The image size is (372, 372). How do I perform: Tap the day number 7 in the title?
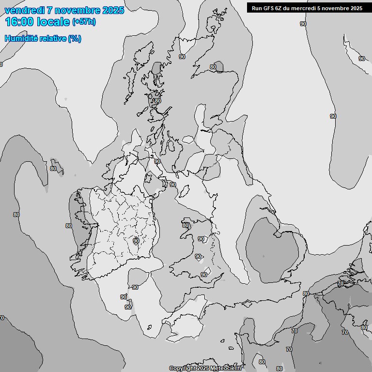tap(49, 10)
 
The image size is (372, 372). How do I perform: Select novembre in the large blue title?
tap(77, 10)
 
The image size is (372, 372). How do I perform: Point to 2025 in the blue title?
tap(113, 10)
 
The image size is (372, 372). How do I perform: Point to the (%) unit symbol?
tap(75, 38)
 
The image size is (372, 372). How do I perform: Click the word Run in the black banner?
tap(257, 8)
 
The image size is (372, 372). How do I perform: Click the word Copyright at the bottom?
tap(182, 369)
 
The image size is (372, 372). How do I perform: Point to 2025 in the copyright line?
tap(203, 369)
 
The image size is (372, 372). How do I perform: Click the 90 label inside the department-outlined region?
tap(136, 241)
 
